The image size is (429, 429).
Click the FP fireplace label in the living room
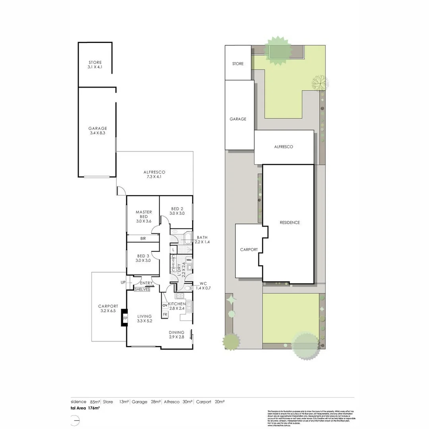coord(125,318)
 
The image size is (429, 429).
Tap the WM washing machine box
coord(189,260)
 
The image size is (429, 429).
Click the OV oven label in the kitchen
coord(165,305)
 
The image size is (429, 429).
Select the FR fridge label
coord(165,314)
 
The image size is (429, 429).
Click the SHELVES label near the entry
coord(142,290)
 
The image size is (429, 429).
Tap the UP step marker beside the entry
coord(122,283)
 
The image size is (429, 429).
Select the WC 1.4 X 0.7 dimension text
coord(202,288)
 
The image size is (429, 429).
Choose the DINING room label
coord(176,332)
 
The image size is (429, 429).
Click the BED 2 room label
coord(177,209)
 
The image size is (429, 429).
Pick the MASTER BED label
coord(143,214)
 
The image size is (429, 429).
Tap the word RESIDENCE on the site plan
coord(290,222)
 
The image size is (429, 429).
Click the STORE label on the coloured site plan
coord(238,64)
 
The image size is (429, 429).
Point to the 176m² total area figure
coord(94,408)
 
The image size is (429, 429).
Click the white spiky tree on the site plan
coord(319,83)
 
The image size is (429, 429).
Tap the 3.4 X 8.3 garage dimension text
coord(97,133)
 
